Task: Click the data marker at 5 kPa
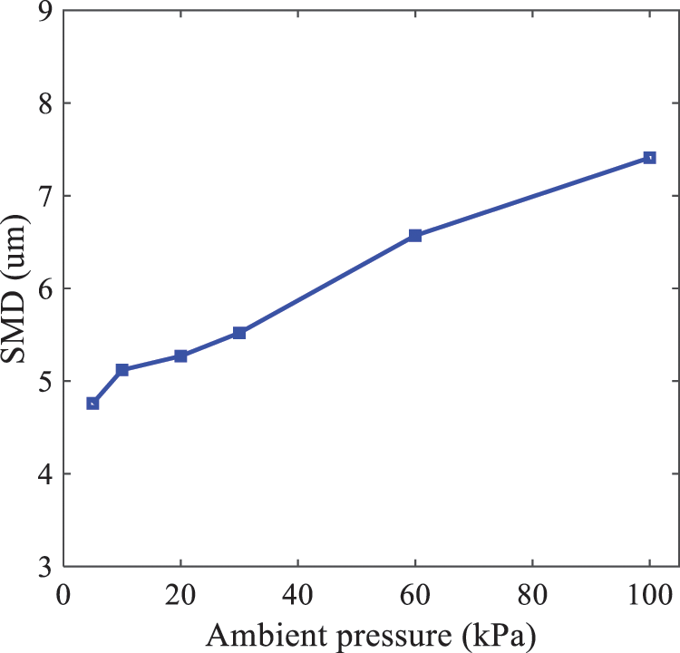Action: click(92, 404)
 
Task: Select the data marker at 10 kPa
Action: click(122, 370)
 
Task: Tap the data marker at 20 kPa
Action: click(181, 356)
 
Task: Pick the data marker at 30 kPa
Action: click(239, 333)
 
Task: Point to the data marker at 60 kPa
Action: click(415, 236)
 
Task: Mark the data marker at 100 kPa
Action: click(649, 158)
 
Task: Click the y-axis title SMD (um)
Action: click(15, 288)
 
